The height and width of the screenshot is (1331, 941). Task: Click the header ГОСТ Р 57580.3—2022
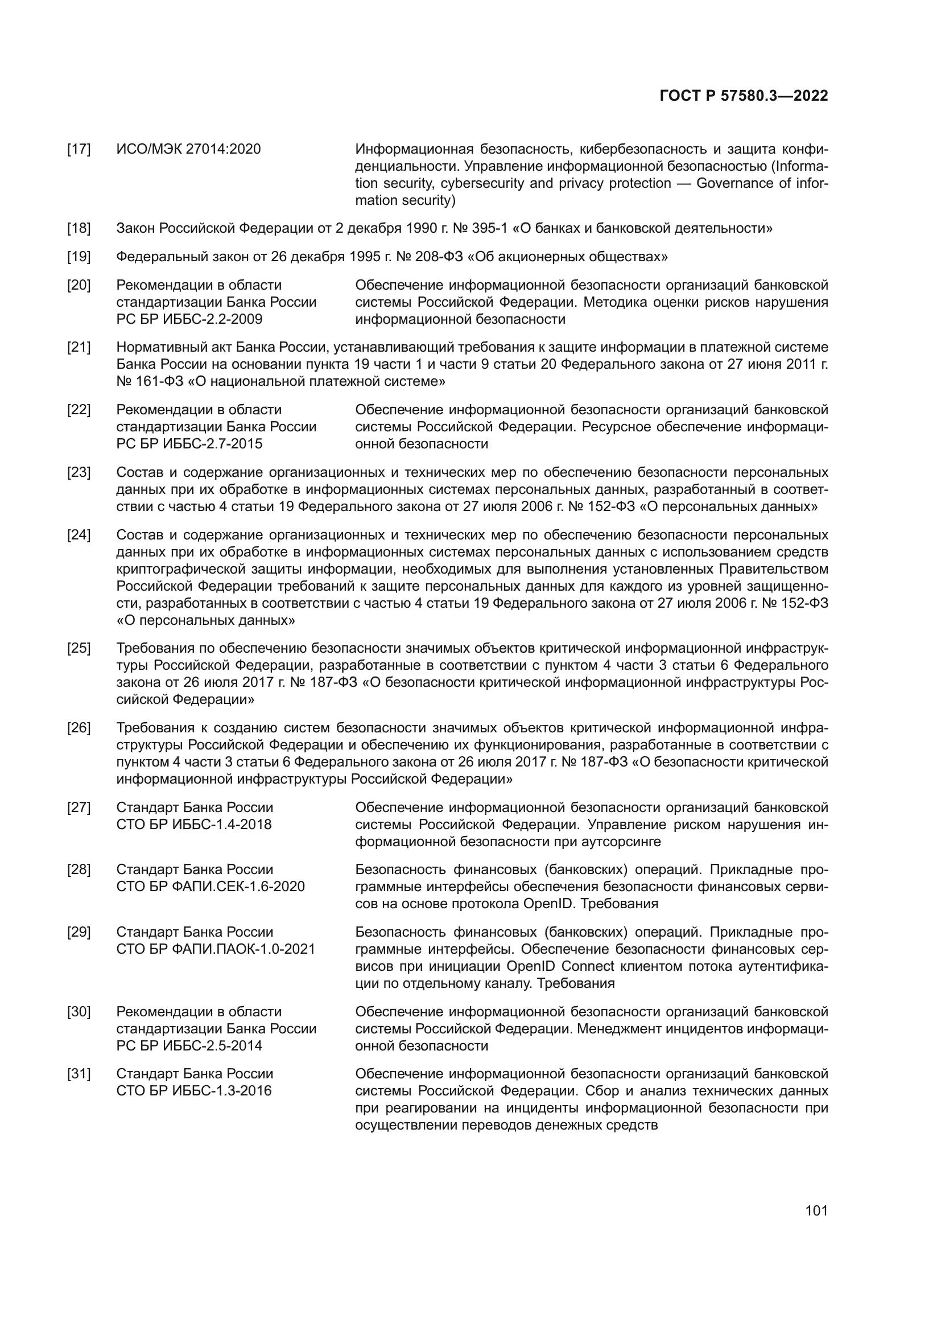coord(744,96)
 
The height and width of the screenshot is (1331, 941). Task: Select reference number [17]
coord(79,150)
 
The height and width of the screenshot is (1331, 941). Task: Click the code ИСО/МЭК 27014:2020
coord(188,150)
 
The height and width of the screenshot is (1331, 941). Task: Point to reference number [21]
coord(79,347)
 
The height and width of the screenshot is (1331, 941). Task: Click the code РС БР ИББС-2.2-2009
coord(189,319)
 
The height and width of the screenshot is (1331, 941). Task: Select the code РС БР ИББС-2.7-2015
coord(189,444)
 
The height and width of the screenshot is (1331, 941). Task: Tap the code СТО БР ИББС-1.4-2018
coord(193,825)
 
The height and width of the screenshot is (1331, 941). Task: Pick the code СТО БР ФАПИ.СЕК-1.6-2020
coord(211,887)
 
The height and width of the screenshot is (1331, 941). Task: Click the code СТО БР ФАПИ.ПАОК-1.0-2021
coord(216,949)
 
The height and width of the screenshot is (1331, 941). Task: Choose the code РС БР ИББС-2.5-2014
coord(189,1046)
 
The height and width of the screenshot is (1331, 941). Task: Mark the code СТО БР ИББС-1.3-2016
coord(193,1091)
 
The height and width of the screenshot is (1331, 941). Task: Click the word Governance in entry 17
coord(731,184)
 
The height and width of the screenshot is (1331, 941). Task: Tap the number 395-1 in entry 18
coord(491,228)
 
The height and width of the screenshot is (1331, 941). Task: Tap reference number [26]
coord(79,728)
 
